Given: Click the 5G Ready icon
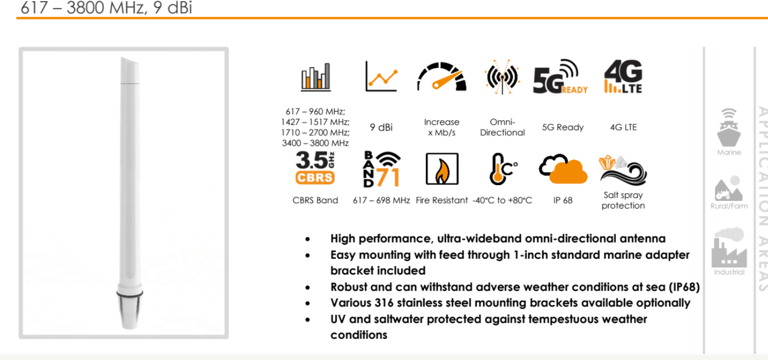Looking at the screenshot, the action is point(560,77).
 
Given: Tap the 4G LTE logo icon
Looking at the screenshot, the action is point(623,76).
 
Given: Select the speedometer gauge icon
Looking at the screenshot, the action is point(441,77).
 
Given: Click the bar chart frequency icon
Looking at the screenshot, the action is point(316,77).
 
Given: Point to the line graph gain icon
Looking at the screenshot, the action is point(381,76).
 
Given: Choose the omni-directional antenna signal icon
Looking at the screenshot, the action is point(502,77).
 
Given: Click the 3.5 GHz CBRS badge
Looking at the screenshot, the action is point(315,168).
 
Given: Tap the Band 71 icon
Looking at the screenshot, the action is point(382,169).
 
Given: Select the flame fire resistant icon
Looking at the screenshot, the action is point(442,169).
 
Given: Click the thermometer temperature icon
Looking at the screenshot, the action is point(503,169).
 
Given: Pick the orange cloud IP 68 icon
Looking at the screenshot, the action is point(563,169).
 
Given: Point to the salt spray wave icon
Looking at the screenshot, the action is point(623,171).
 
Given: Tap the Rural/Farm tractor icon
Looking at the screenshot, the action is point(729,189).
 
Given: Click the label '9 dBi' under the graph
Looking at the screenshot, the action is point(381,128).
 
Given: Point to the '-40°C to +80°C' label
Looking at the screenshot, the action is point(502,200).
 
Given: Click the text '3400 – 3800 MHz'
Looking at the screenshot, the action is point(315,143).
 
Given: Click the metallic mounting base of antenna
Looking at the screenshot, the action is point(129,310).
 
